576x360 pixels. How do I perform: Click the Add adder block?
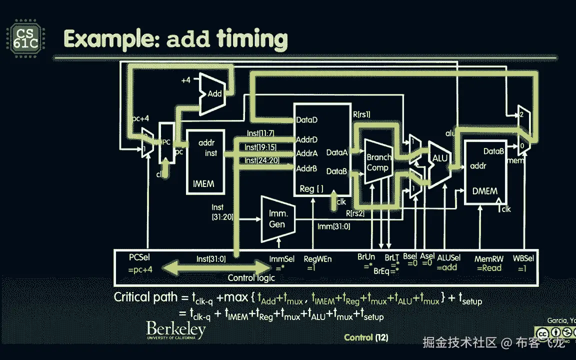coord(214,93)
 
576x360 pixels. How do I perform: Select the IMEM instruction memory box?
coord(205,163)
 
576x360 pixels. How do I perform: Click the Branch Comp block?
coord(377,162)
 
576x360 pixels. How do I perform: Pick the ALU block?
coord(440,157)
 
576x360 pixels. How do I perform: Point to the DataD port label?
coord(307,120)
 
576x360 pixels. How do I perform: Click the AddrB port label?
coord(306,168)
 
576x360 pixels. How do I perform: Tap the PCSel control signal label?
coord(139,258)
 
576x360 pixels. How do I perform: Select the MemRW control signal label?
coord(488,258)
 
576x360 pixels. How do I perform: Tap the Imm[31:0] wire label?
coord(334,226)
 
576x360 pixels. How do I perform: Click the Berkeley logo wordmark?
coord(175,330)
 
